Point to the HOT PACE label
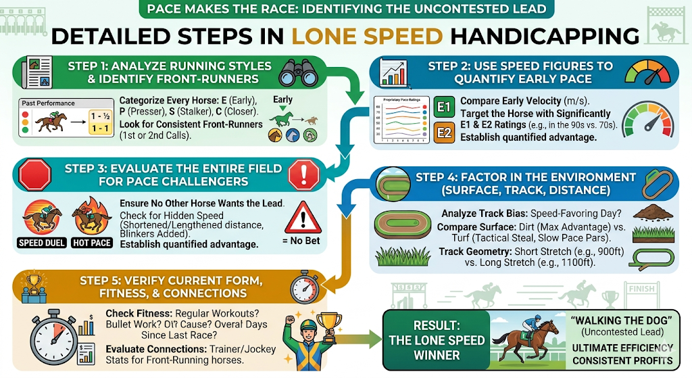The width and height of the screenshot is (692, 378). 92,243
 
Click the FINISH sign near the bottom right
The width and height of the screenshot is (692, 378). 641,289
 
